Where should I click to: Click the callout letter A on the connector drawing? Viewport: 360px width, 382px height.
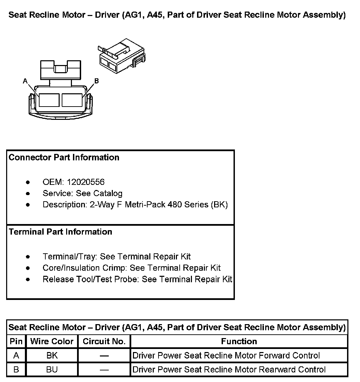(25, 81)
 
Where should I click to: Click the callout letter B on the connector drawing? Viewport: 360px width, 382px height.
(96, 81)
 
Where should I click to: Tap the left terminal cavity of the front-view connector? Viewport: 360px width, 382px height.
(49, 100)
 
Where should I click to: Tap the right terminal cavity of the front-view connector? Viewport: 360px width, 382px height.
(72, 100)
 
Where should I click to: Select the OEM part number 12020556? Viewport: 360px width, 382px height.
(86, 182)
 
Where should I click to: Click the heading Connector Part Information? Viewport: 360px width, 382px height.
(64, 158)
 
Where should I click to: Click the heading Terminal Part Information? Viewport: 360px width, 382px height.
(60, 232)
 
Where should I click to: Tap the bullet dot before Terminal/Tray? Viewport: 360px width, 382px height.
(28, 257)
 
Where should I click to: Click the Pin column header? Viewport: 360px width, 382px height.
(16, 341)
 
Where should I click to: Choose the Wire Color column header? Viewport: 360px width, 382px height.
(52, 341)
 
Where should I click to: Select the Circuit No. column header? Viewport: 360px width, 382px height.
(104, 341)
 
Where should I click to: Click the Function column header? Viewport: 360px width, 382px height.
(239, 341)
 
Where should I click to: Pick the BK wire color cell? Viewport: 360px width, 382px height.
(52, 356)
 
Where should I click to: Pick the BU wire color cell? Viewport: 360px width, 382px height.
(52, 370)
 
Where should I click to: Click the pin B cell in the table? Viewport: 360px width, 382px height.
(16, 370)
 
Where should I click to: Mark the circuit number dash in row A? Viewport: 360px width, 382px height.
(104, 356)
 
